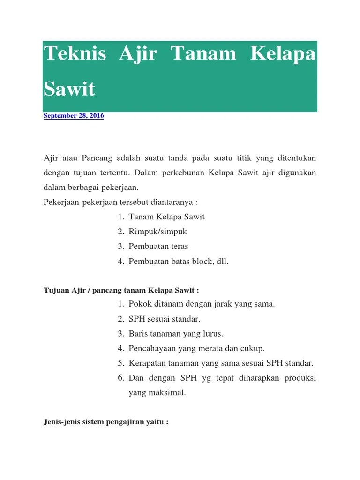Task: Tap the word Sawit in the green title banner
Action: tap(69, 88)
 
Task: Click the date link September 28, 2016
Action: tap(74, 115)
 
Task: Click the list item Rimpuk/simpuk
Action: tap(158, 232)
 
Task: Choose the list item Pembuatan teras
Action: tap(158, 246)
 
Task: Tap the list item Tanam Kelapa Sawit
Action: tap(167, 217)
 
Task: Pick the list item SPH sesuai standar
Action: tap(165, 319)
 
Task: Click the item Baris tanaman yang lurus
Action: tap(176, 334)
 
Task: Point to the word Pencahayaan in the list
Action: tap(151, 348)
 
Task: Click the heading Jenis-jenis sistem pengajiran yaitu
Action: tap(105, 422)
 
